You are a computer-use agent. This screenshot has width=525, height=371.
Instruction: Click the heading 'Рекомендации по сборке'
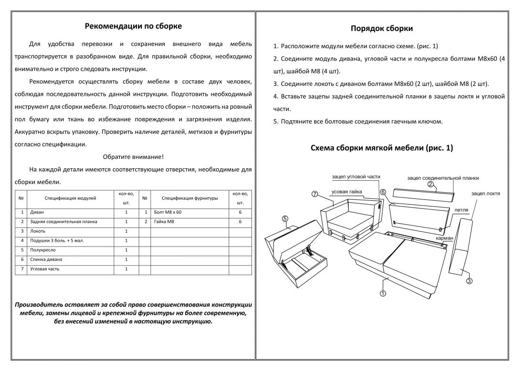click(x=133, y=26)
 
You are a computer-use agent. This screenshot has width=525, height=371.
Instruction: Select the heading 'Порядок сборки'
click(x=381, y=29)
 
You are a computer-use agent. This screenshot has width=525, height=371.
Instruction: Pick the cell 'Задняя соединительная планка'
click(x=63, y=221)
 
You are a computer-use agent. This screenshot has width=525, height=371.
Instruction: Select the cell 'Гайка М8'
click(x=164, y=221)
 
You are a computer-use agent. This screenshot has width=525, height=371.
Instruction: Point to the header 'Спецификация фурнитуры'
click(x=189, y=197)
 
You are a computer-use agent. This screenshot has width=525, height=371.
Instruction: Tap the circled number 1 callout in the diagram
click(x=383, y=293)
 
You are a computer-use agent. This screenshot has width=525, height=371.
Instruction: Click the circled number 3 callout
click(x=469, y=281)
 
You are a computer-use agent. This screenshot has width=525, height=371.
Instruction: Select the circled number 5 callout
click(x=284, y=219)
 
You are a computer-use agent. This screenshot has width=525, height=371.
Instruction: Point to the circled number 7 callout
click(x=315, y=194)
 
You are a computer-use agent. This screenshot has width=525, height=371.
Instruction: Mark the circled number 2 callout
click(x=430, y=184)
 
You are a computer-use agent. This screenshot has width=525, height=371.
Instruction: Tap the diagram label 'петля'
click(x=461, y=210)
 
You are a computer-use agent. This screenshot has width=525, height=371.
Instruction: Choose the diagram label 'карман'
click(x=444, y=237)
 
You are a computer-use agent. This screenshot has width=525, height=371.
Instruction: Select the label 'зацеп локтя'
click(x=485, y=194)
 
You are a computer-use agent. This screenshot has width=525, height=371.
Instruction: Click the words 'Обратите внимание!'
click(x=133, y=157)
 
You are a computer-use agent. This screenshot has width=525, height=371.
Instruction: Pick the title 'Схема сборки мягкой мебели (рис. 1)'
click(x=381, y=148)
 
